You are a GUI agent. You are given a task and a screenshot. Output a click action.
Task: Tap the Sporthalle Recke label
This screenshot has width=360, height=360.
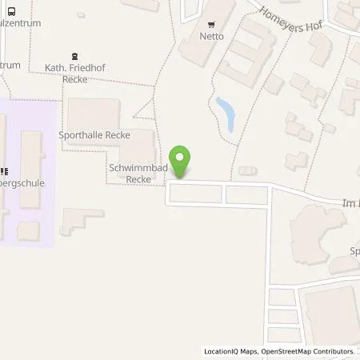pos(93,135)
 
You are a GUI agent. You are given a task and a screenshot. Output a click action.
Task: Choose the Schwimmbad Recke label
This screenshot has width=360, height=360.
pos(129,174)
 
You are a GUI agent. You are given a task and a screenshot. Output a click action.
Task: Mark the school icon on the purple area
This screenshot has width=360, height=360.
pos(4,170)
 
